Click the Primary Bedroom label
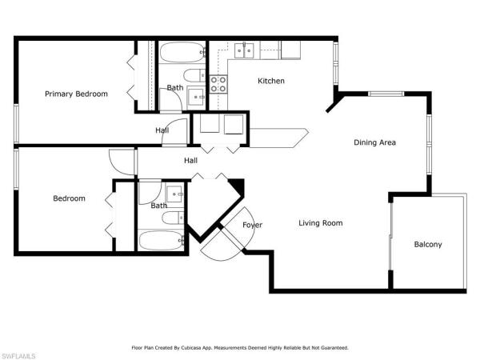coord(76,94)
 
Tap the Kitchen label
coord(270,81)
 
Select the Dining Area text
coord(375,143)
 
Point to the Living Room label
coord(321,223)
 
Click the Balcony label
coord(428,244)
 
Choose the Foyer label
coord(252,225)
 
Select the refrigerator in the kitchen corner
coord(290,50)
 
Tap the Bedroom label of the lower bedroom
coord(69,198)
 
